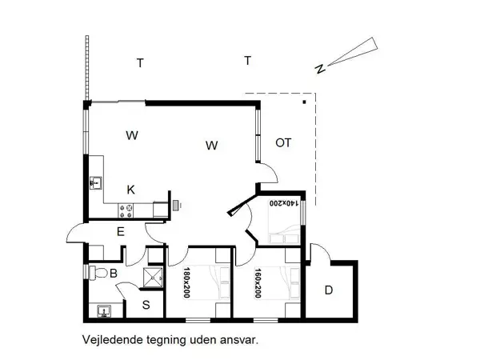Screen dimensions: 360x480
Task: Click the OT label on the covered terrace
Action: [283, 143]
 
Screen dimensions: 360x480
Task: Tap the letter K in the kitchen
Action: [130, 190]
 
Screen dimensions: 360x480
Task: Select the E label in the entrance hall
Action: [120, 232]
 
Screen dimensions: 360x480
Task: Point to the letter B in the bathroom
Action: [114, 274]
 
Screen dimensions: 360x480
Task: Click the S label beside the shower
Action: [146, 304]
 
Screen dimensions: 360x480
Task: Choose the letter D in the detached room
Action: [328, 290]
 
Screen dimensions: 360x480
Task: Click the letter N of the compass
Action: [320, 69]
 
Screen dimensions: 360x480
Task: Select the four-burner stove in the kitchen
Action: [126, 210]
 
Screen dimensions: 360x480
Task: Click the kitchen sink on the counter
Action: [96, 183]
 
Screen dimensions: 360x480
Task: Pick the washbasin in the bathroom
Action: [101, 310]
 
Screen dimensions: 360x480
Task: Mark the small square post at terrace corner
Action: [304, 102]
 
